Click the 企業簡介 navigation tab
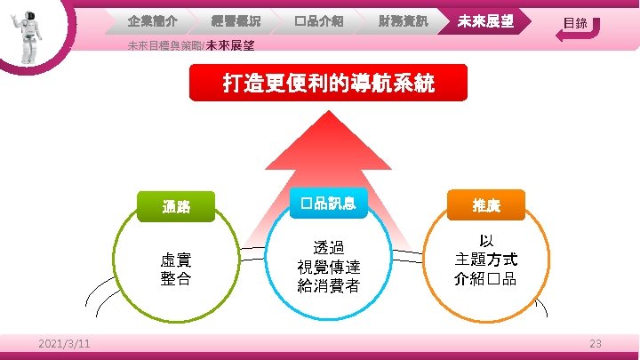[x=152, y=20]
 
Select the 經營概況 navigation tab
[x=235, y=20]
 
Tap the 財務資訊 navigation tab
[x=401, y=20]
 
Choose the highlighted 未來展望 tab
[x=485, y=20]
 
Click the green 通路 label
[x=176, y=207]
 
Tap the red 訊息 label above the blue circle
[x=328, y=204]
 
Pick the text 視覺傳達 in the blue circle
[x=328, y=267]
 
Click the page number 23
[x=596, y=344]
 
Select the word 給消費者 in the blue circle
[x=328, y=285]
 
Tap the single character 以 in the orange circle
[x=486, y=241]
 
